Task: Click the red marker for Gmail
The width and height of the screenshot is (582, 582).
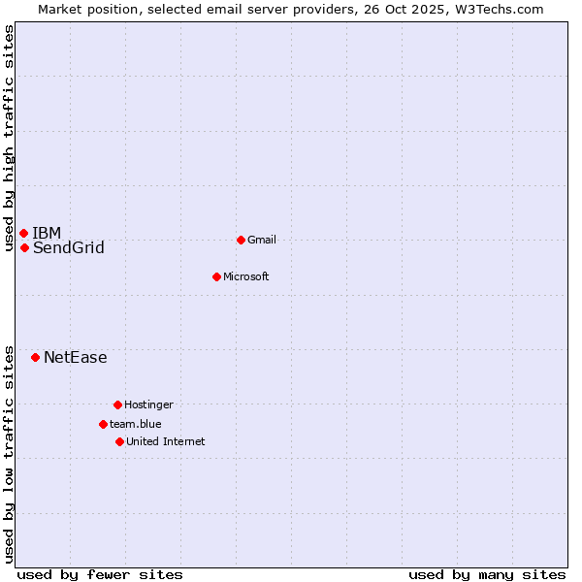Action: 241,240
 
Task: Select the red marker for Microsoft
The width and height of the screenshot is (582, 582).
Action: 216,276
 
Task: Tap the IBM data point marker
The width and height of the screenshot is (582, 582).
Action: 23,233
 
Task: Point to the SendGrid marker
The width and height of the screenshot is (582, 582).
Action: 24,247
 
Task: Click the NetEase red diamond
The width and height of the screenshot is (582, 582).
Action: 35,357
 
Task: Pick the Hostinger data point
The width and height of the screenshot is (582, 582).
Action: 117,404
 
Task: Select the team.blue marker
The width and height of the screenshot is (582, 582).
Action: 103,424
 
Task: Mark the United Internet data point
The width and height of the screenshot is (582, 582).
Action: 119,441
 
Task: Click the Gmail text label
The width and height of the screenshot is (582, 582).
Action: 262,240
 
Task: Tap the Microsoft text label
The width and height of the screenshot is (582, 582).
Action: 246,276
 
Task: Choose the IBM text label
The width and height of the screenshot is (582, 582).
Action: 47,233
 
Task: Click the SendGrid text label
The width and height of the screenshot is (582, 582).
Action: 69,248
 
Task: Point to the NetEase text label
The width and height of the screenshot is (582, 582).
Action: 76,358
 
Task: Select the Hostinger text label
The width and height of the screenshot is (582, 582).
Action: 148,404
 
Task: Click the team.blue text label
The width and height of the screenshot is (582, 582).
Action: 136,424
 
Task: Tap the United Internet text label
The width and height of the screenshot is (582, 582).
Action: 166,441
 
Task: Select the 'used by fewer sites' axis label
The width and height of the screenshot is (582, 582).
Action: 100,574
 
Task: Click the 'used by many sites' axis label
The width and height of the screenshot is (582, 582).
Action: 487,574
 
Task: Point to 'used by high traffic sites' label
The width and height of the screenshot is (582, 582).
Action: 9,138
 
